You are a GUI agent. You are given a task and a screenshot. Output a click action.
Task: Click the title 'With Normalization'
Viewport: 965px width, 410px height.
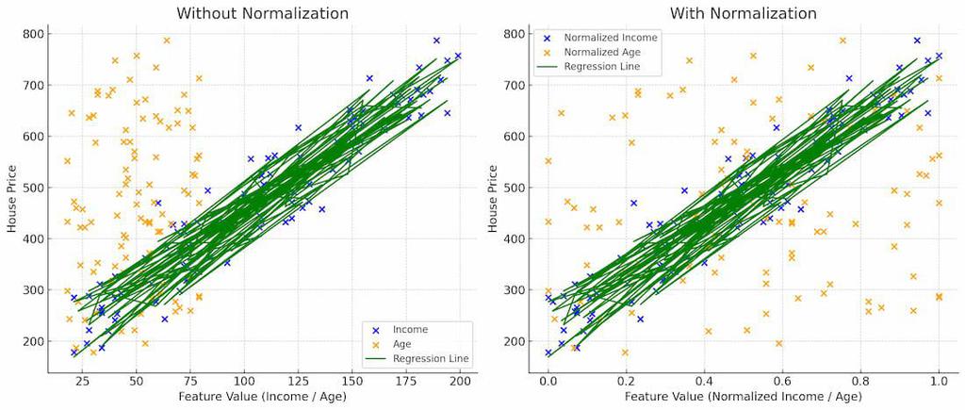pos(744,13)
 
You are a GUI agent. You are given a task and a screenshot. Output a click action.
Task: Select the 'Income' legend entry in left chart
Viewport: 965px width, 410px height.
pos(410,329)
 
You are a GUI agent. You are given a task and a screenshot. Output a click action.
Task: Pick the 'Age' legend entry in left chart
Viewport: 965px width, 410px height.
pos(403,343)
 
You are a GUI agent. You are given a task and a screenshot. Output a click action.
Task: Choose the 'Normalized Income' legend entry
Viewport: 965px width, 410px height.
pos(611,37)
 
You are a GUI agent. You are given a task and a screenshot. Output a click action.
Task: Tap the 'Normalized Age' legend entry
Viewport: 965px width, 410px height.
pos(603,52)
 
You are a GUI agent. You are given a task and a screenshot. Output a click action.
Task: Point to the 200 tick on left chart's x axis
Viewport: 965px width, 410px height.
pos(461,381)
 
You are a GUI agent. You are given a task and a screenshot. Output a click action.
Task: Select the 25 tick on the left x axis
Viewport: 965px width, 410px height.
pos(83,381)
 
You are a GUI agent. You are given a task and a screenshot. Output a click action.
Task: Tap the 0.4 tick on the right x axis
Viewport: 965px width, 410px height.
pos(704,381)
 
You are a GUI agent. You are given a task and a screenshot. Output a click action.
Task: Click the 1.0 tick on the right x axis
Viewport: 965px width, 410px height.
pos(939,381)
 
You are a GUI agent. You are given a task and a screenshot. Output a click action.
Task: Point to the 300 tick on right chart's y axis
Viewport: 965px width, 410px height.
pos(514,289)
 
